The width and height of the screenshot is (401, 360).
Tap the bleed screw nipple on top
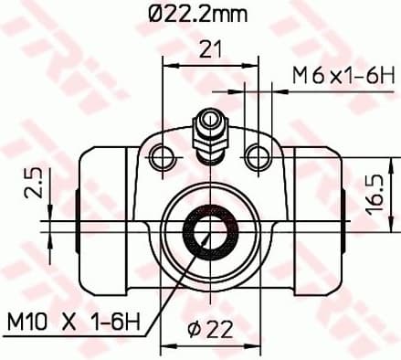tap(210, 128)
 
